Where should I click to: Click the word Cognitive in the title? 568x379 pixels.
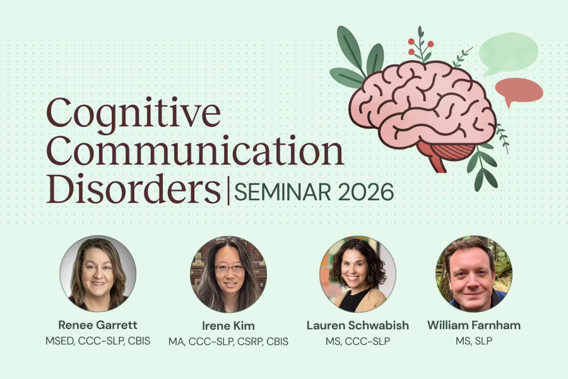(133, 114)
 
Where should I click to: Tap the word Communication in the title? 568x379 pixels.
(195, 150)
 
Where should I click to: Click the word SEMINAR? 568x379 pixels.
(283, 192)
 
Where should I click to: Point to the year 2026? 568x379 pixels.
(366, 192)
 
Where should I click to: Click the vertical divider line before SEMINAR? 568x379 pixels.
(228, 189)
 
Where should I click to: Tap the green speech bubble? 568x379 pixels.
(508, 53)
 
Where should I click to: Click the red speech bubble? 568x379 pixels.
(519, 91)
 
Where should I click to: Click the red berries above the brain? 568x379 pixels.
(420, 45)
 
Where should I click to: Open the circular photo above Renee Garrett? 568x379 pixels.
(98, 274)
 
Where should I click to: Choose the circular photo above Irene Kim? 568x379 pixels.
(228, 274)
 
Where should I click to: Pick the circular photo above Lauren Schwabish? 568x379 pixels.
(358, 274)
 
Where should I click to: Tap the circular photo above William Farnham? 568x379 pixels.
(474, 274)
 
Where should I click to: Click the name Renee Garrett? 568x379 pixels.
(98, 325)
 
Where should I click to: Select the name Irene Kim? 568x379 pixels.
(228, 326)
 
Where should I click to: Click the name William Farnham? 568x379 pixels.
(474, 325)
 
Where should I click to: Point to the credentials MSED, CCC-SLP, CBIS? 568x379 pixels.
(98, 341)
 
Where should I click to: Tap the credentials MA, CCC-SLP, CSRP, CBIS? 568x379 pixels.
(228, 341)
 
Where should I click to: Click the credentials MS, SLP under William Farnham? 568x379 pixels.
(474, 341)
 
